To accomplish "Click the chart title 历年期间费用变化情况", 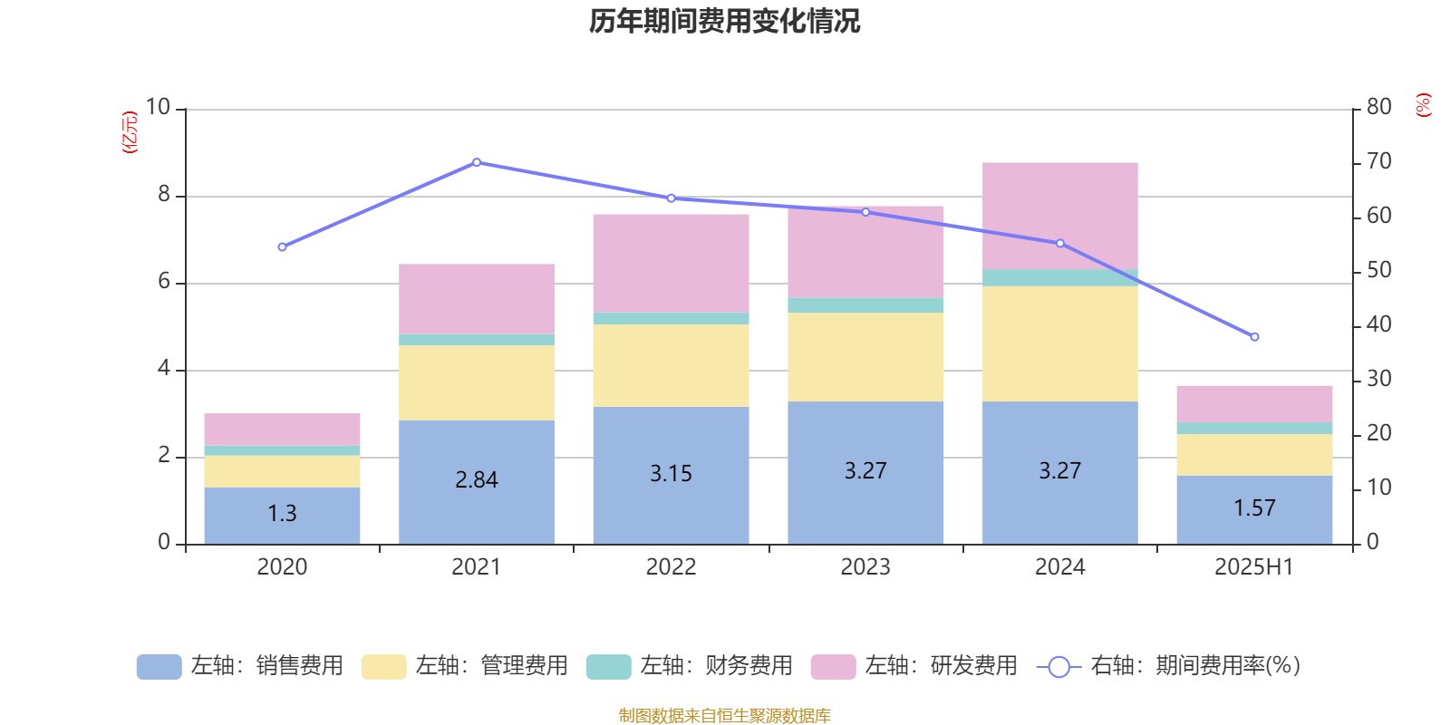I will click(x=724, y=21).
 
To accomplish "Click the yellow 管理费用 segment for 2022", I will click(x=671, y=365).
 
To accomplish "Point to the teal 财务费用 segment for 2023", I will click(x=865, y=305).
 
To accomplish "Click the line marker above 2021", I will click(x=477, y=162).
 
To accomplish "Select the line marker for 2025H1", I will click(x=1254, y=337).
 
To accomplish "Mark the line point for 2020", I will click(x=282, y=247).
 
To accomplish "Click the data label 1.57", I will click(x=1254, y=508).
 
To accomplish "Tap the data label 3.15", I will click(x=671, y=474).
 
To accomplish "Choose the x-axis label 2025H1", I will click(x=1254, y=567).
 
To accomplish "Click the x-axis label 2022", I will click(x=671, y=567).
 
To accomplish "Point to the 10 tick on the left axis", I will click(x=158, y=107).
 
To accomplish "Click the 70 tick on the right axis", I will click(x=1378, y=161).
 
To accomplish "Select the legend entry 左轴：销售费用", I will click(x=240, y=666).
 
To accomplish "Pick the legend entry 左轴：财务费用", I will click(x=690, y=666).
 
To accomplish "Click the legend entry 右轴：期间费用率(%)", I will click(x=1169, y=666).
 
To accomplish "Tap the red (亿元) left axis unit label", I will click(x=130, y=132).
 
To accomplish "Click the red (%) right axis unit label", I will click(x=1424, y=105).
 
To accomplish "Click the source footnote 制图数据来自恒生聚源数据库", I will click(x=724, y=716).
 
